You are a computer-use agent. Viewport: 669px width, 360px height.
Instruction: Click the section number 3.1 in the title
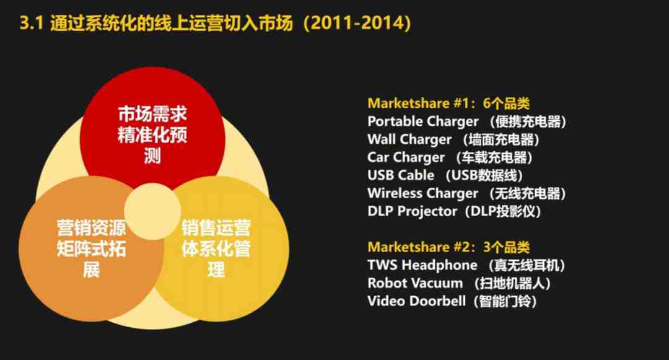pos(32,22)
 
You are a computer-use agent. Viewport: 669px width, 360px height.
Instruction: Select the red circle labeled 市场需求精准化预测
pos(152,128)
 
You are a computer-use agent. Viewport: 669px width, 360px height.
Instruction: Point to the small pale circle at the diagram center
pos(152,211)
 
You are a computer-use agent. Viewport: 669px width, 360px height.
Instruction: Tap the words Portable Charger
pos(423,121)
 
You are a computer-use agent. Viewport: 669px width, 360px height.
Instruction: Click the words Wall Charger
pos(409,139)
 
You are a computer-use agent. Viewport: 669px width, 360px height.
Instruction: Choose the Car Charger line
pos(450,157)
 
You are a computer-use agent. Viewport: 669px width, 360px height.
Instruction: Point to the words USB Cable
pos(401,175)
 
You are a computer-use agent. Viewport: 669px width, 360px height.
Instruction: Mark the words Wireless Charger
pos(422,193)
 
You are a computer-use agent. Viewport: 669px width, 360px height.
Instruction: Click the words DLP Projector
pos(412,211)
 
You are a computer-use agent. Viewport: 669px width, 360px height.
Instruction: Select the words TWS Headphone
pos(422,265)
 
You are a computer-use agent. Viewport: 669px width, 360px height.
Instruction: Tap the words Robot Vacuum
pos(414,283)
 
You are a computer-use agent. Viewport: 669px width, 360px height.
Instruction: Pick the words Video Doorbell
pos(416,301)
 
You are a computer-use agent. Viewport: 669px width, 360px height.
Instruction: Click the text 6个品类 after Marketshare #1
pos(507,103)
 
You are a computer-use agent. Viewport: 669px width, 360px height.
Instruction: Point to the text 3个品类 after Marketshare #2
pos(507,247)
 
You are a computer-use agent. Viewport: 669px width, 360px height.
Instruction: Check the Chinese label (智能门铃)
pos(505,301)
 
